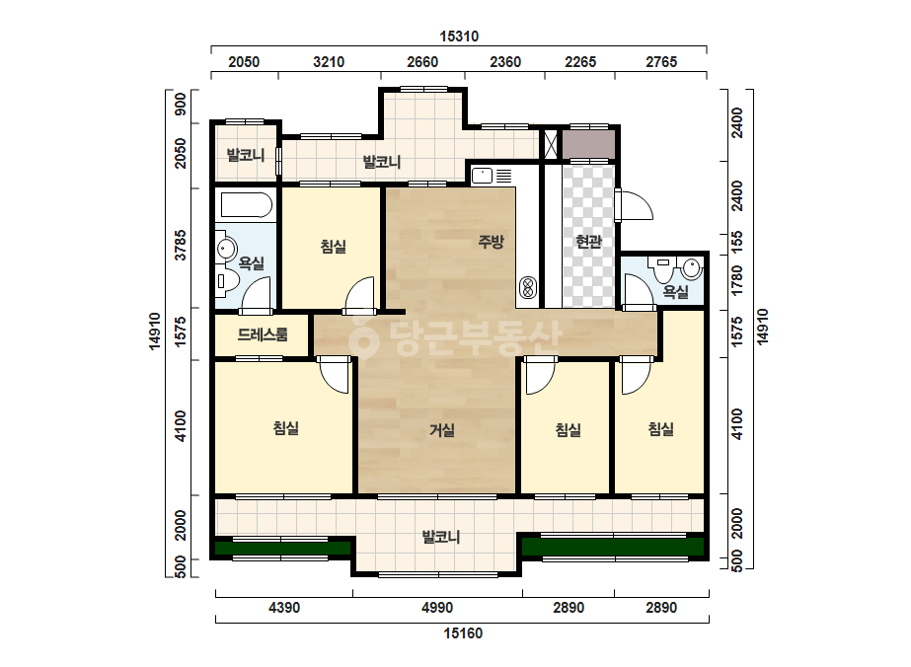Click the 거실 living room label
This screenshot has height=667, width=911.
[x=442, y=430]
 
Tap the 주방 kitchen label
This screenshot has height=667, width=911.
[x=491, y=241]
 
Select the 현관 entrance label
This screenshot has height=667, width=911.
[x=588, y=241]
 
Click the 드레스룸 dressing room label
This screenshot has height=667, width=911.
[x=263, y=334]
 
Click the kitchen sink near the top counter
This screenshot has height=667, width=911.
[x=482, y=175]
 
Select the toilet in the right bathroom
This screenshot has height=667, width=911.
[x=663, y=267]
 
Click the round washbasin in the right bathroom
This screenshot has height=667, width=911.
[x=691, y=268]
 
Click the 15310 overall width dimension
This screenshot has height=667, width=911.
[x=459, y=37]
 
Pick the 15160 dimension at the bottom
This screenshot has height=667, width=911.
[x=463, y=633]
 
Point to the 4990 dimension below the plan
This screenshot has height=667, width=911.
[x=437, y=608]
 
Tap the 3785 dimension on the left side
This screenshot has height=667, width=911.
[x=181, y=245]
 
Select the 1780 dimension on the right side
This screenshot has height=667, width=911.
[x=736, y=281]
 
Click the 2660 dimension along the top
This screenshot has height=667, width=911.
[x=422, y=61]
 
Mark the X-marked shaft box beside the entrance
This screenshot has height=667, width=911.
[x=550, y=144]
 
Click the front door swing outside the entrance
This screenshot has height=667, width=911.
[x=634, y=204]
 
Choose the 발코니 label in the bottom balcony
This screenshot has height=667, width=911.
[x=441, y=537]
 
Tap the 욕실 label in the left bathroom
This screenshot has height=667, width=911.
[x=252, y=263]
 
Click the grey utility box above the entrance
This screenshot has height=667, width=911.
[x=588, y=144]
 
